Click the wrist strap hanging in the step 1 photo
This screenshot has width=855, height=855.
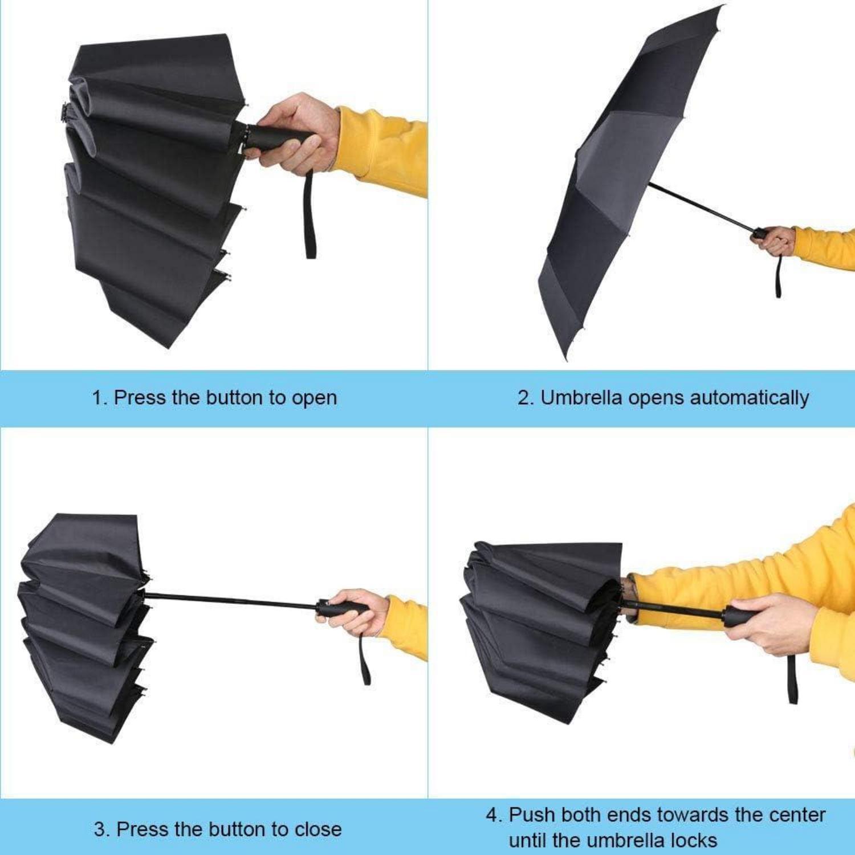click(x=310, y=214)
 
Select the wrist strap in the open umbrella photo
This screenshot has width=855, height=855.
click(x=778, y=275)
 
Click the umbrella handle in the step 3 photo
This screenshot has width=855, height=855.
click(x=342, y=608)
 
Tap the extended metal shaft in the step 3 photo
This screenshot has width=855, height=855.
click(x=231, y=600)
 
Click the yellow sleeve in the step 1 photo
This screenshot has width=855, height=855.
click(x=382, y=150)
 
